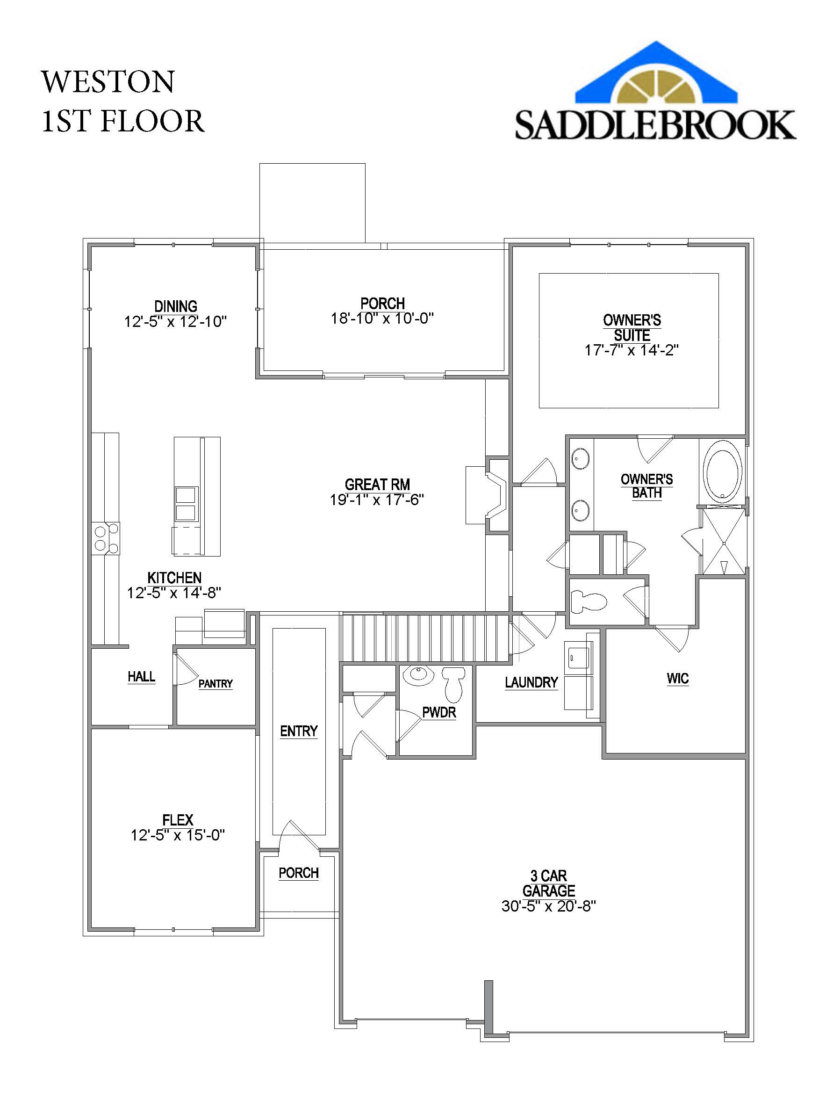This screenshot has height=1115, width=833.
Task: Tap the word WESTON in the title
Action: [108, 82]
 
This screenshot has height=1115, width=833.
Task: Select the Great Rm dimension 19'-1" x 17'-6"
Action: [376, 500]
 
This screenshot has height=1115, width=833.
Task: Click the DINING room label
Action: [175, 306]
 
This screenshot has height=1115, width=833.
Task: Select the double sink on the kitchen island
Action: [186, 504]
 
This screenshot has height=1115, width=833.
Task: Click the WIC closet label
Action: [677, 679]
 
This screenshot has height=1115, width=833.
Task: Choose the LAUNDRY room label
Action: [531, 682]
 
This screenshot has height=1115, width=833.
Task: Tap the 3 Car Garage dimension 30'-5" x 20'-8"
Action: [548, 906]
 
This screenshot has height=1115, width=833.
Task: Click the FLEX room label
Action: [177, 820]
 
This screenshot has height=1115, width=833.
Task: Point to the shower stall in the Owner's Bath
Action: [724, 542]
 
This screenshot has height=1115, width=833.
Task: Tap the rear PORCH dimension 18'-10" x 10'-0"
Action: [382, 319]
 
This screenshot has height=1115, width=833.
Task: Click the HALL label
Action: [141, 676]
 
